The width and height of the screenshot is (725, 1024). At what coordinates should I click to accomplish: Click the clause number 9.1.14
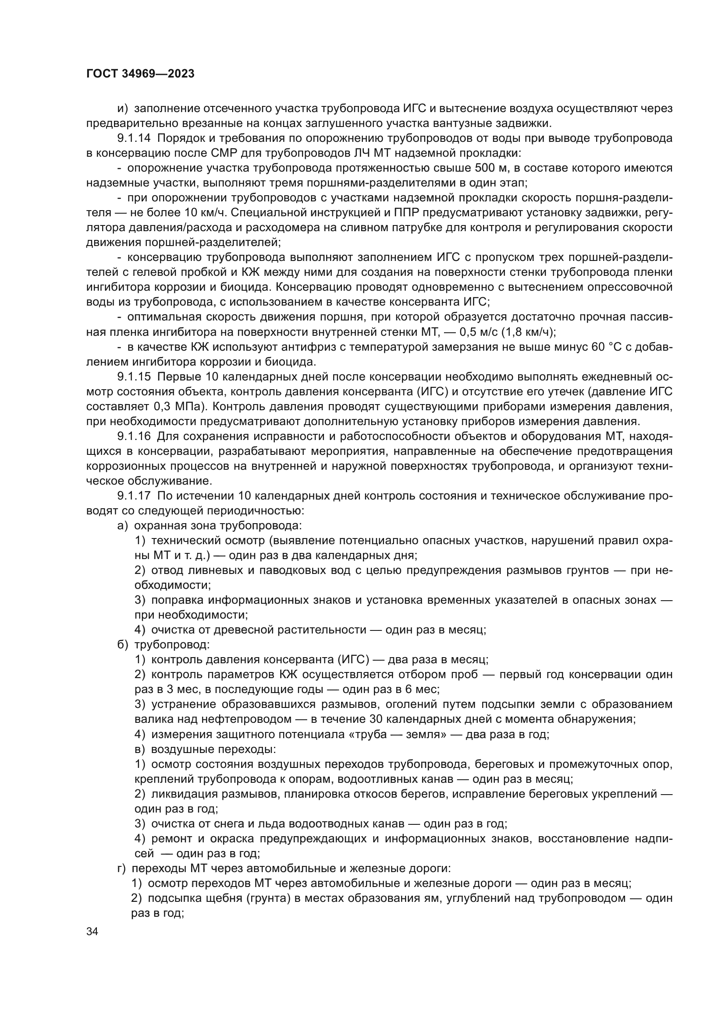click(134, 138)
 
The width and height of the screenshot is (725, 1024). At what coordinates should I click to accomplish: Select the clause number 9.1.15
click(134, 377)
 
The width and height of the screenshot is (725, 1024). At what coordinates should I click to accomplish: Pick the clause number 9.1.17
click(134, 496)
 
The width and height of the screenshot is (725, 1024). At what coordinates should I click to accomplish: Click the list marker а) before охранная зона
click(123, 526)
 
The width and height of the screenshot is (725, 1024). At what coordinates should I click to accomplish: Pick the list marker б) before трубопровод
click(123, 645)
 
